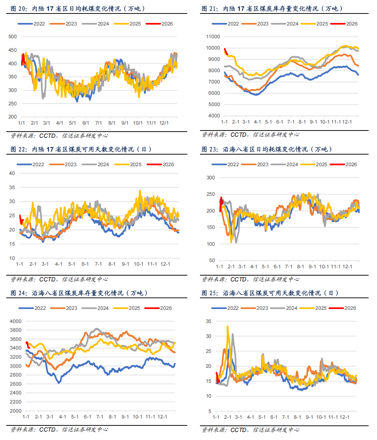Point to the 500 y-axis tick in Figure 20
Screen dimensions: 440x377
pos(12,36)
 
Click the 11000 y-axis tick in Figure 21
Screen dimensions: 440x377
pos(213,36)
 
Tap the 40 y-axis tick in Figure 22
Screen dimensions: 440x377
pos(12,173)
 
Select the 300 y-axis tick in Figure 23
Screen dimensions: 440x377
pos(211,178)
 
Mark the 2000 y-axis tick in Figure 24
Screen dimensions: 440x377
pos(16,411)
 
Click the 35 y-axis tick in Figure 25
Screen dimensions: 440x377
pos(208,321)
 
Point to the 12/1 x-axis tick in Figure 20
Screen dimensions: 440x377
pos(164,123)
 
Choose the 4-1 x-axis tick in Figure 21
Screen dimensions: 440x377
pos(258,122)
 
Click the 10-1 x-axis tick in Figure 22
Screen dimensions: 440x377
pos(139,264)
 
